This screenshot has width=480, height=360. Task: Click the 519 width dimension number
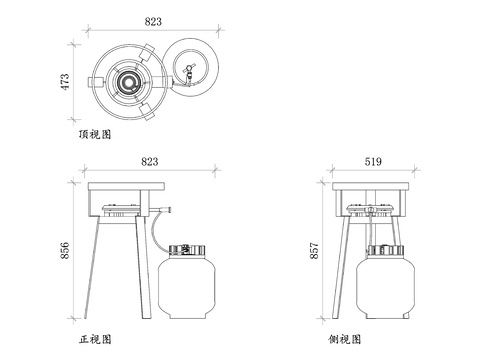coord(374,161)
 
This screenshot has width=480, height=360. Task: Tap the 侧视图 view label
coord(342,340)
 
